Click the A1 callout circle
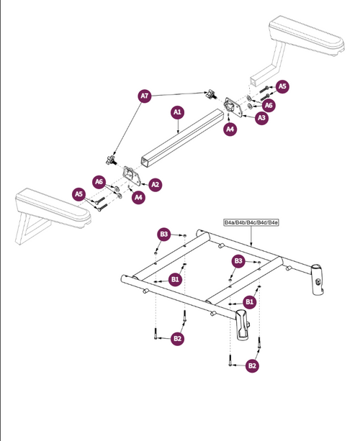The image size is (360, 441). (x=177, y=112)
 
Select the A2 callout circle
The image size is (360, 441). (x=155, y=185)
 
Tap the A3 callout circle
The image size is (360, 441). (x=261, y=118)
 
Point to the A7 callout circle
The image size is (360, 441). (x=145, y=96)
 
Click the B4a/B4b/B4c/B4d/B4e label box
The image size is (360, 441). (x=251, y=222)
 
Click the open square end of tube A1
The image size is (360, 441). (x=145, y=163)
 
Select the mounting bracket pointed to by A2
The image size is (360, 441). (x=132, y=176)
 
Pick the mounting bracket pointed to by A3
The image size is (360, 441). (x=233, y=106)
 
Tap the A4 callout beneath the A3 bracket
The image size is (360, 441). (x=230, y=129)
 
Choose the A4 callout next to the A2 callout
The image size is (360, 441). (x=138, y=197)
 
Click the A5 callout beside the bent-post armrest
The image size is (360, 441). (x=282, y=86)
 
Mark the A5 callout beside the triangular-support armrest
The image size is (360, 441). (x=78, y=194)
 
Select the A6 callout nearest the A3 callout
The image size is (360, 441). (x=269, y=105)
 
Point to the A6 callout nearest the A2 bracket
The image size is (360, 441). (x=99, y=182)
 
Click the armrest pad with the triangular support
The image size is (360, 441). (x=53, y=208)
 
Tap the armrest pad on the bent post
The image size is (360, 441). (x=307, y=35)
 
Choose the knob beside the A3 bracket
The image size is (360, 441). (x=212, y=94)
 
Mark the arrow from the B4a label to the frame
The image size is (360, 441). (x=251, y=236)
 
